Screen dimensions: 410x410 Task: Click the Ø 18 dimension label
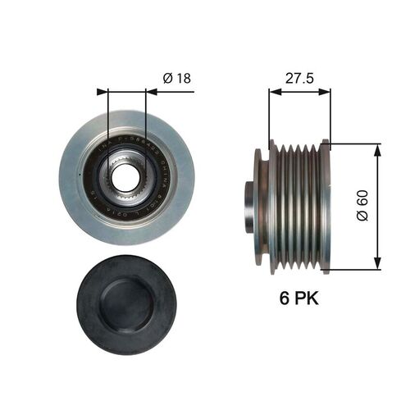[x=175, y=78]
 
